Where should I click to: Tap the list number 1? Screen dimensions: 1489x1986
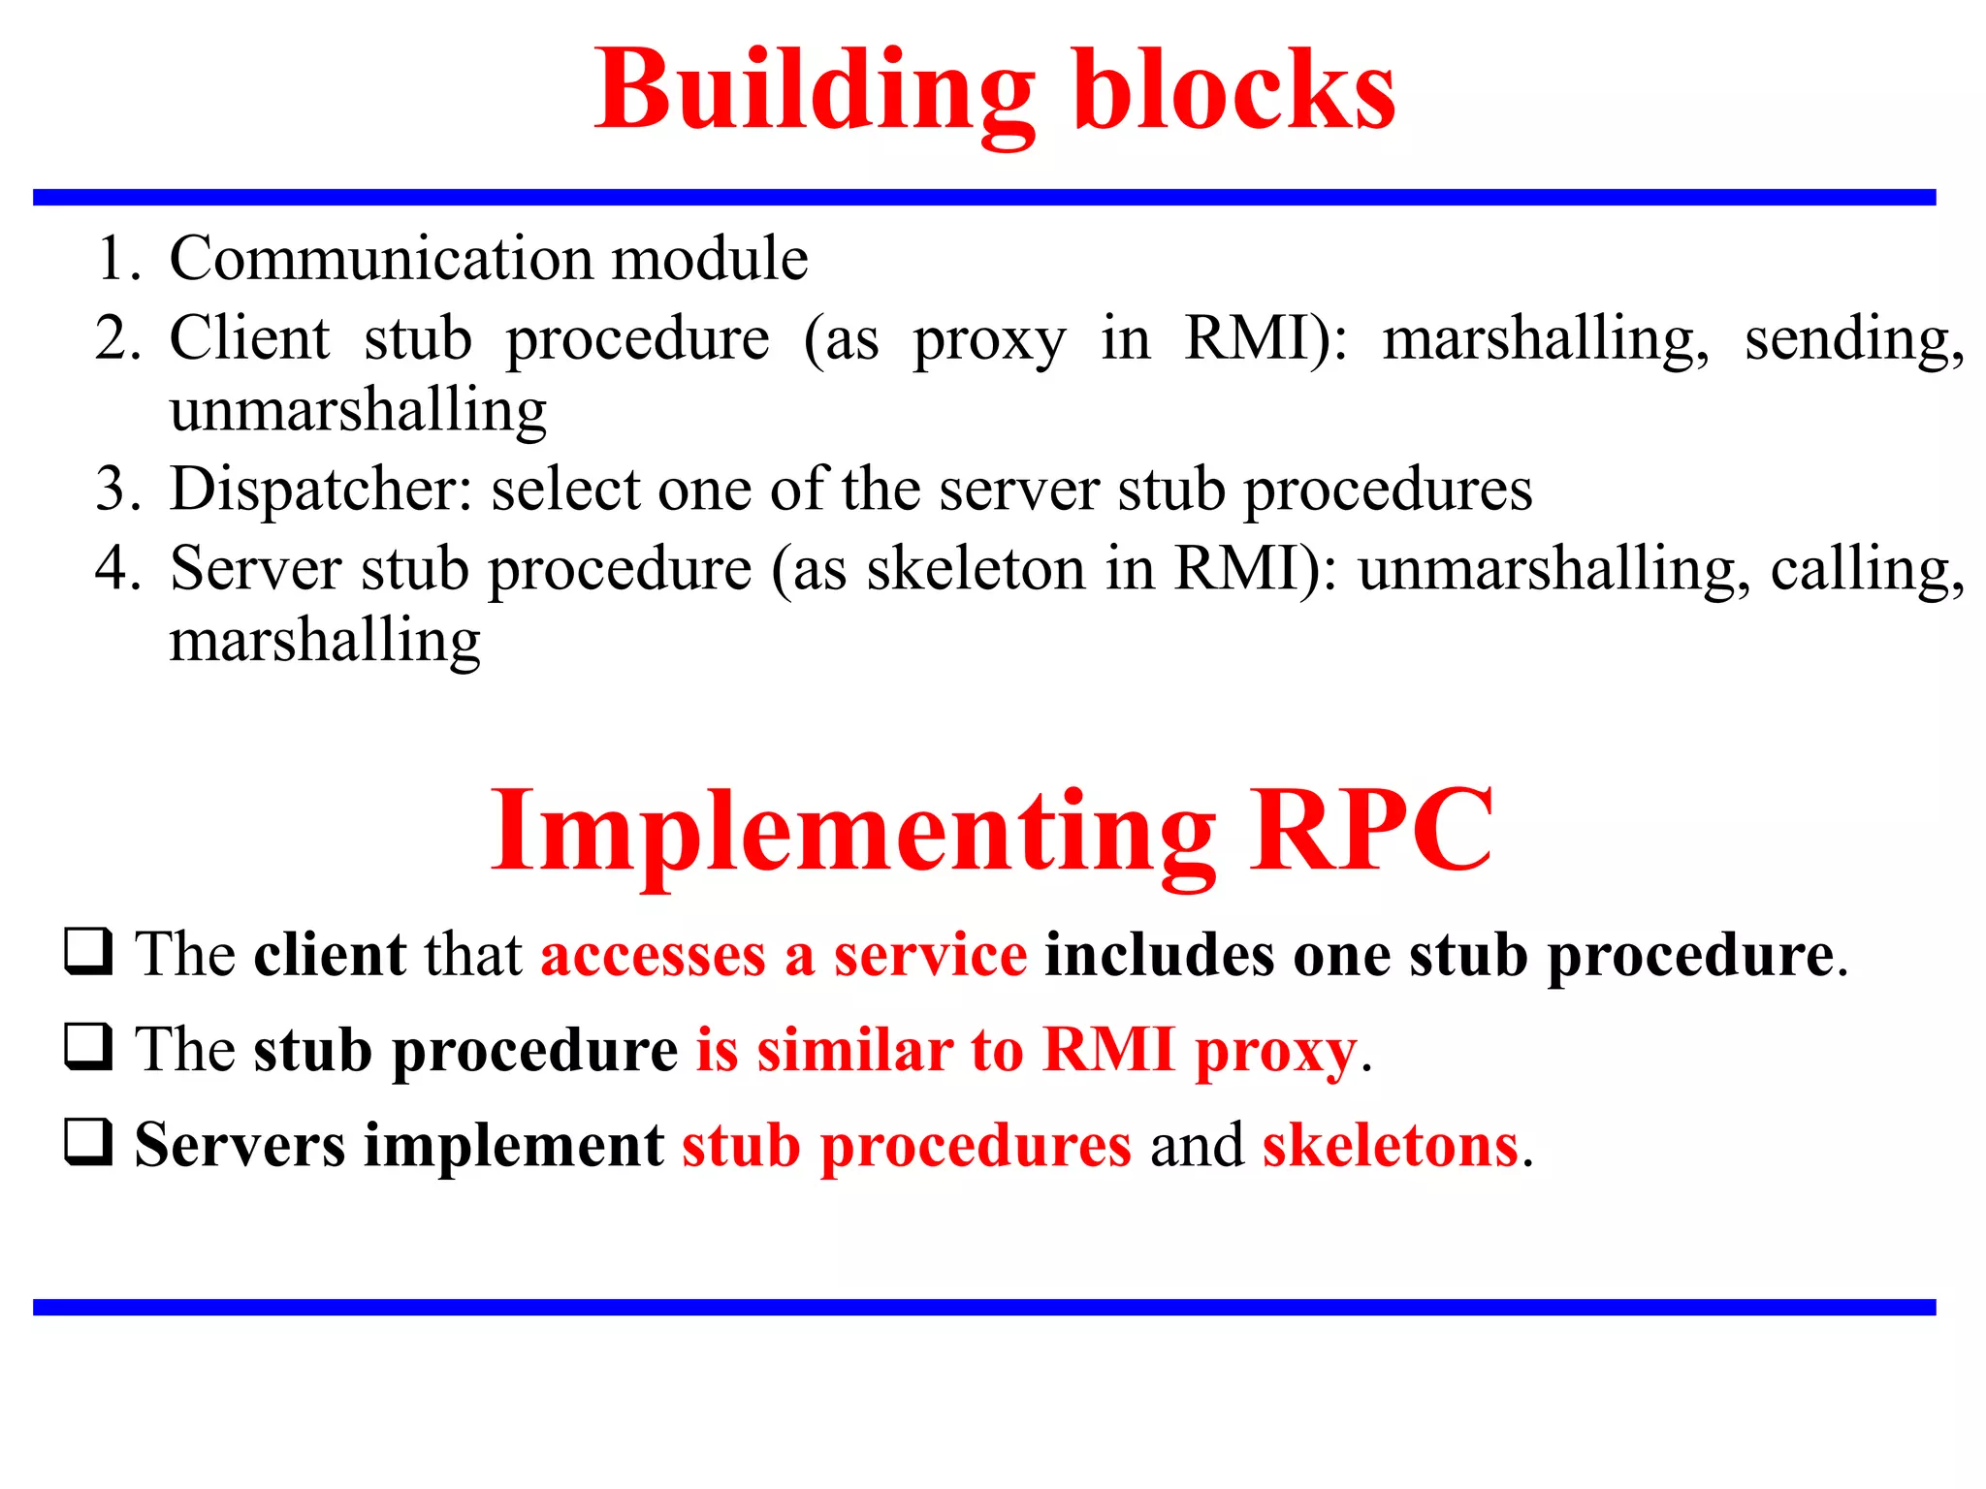pos(116,259)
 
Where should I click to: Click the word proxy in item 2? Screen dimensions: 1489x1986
pos(988,340)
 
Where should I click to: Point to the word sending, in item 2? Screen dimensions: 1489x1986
pos(1853,340)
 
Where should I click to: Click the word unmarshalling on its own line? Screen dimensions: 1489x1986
pos(358,410)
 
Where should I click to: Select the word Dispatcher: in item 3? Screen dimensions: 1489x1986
pos(320,489)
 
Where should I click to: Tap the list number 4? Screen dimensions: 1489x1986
pos(116,568)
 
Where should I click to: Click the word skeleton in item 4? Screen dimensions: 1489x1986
pos(976,568)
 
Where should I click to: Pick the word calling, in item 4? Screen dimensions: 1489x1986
pos(1867,568)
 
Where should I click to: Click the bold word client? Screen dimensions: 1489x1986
pos(330,955)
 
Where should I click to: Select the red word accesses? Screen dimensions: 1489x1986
pos(653,955)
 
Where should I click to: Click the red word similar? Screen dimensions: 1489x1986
pos(854,1050)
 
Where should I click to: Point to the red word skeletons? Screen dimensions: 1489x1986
pos(1390,1145)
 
